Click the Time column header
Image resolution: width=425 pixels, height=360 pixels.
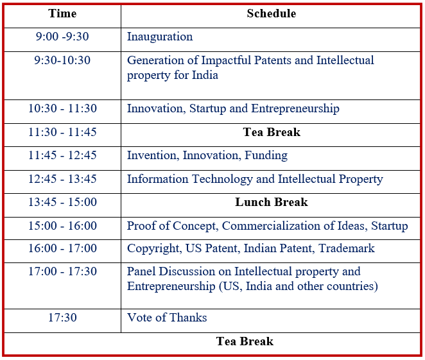[x=62, y=13]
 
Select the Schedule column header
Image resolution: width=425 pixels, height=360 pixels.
[x=272, y=13]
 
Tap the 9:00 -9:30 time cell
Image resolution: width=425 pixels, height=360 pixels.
[x=62, y=37]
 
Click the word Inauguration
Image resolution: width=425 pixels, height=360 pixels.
[x=160, y=37]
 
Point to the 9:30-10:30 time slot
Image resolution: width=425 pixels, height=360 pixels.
[x=62, y=60]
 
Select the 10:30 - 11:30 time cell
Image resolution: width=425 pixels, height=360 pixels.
[x=63, y=108]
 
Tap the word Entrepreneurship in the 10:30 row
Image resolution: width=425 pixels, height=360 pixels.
[x=295, y=109]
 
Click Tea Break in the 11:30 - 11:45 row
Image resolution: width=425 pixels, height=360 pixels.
[x=272, y=132]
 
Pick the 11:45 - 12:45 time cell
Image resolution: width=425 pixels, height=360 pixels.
[x=63, y=155]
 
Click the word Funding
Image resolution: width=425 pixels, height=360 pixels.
[x=266, y=156]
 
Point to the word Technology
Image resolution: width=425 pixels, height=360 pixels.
[x=222, y=179]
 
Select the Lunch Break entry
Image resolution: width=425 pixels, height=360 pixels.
[x=272, y=202]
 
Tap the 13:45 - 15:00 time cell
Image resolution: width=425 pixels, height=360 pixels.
[x=63, y=202]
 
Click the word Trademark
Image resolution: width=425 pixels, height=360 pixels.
[x=347, y=248]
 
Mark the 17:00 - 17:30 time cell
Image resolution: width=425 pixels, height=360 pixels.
[x=63, y=271]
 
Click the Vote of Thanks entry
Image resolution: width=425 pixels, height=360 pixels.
[x=167, y=318]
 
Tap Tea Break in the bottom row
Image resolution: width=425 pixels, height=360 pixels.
[x=245, y=341]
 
